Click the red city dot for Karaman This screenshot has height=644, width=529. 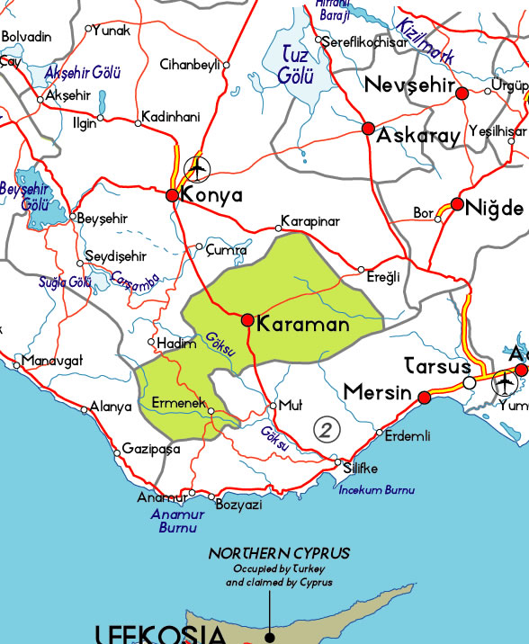click(247, 320)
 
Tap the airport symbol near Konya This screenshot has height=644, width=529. click(196, 168)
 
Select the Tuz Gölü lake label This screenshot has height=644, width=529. click(295, 65)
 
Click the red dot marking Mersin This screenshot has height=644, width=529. click(425, 396)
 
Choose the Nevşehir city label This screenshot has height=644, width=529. click(408, 86)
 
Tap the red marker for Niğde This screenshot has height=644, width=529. click(457, 205)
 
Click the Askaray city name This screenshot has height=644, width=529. click(418, 137)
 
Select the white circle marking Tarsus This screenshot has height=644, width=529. click(469, 383)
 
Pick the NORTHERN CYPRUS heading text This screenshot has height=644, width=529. click(279, 553)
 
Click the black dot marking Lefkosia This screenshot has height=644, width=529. click(269, 637)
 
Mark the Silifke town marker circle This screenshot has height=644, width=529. click(337, 465)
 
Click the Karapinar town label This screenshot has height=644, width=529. click(310, 220)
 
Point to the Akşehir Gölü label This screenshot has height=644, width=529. click(84, 72)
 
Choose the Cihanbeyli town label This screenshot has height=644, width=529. click(189, 64)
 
